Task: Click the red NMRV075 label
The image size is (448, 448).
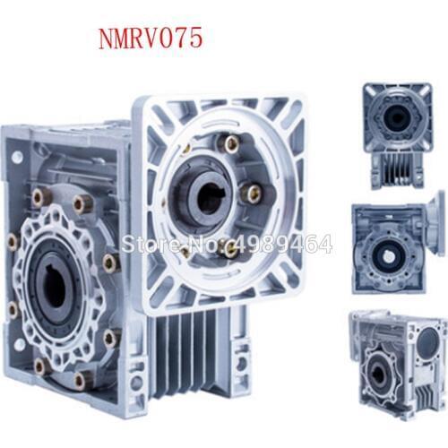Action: coord(151,39)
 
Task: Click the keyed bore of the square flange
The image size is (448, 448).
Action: coord(210,197)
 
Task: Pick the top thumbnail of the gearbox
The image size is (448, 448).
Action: coord(398,136)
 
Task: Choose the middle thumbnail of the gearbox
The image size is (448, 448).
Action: coord(399,244)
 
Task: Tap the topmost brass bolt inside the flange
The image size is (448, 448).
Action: coord(231,145)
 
